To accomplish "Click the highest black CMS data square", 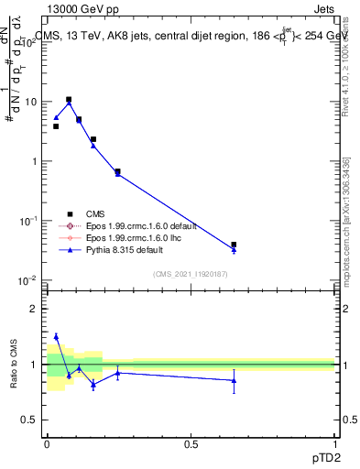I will [x=69, y=100].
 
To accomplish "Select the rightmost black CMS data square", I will [x=234, y=245].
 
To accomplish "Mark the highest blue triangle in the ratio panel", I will [x=56, y=336].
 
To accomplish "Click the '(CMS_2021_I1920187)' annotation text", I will [x=191, y=273].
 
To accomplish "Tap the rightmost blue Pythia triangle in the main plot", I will [x=234, y=250].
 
